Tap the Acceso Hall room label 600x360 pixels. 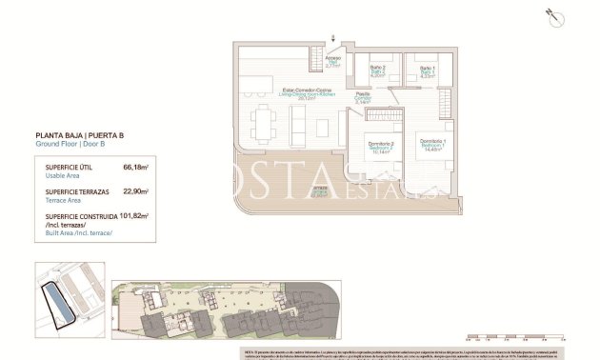coord(333,62)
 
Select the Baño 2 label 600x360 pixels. coord(376,70)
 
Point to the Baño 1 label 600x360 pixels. coord(428,70)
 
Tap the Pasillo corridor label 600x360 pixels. coord(363,97)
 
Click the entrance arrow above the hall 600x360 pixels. coord(333,38)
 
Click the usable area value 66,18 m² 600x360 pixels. coord(136,167)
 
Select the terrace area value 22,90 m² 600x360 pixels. coord(136,191)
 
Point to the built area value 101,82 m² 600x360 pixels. coord(133,216)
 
